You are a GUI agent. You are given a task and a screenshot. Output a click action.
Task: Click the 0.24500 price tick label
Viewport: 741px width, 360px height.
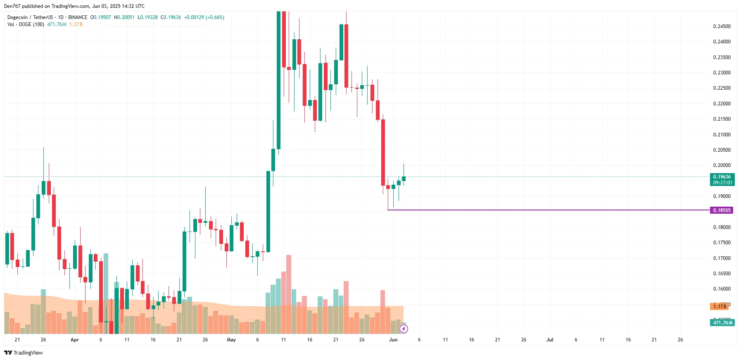(722, 26)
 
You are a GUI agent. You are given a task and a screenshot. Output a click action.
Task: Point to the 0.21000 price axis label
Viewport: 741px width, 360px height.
(722, 135)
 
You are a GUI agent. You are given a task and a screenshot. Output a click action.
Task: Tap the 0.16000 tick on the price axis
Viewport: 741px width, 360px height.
(722, 289)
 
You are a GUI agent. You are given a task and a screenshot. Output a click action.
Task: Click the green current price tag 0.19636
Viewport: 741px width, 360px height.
(722, 177)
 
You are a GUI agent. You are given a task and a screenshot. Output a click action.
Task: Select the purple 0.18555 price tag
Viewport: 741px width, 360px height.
(722, 210)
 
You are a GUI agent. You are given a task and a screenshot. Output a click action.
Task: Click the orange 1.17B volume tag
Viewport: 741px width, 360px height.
(719, 306)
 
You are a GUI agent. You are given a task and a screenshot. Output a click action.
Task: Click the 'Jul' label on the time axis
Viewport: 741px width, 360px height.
(550, 340)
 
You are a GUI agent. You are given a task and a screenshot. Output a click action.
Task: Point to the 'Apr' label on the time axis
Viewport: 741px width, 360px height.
(75, 340)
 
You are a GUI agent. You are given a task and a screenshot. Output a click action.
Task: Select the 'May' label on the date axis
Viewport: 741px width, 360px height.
(231, 340)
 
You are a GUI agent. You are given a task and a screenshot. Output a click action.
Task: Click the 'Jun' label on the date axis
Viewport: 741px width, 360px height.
(393, 340)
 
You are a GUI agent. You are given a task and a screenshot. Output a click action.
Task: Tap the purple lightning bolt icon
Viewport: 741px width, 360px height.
(404, 329)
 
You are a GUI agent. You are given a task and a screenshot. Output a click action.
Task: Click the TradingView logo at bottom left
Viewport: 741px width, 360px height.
(24, 353)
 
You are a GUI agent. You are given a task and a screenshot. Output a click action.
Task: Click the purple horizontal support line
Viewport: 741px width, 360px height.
(537, 210)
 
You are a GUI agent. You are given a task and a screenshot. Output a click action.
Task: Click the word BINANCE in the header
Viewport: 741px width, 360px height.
(78, 17)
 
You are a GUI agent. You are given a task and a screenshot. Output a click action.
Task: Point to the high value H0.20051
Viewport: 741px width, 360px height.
(124, 17)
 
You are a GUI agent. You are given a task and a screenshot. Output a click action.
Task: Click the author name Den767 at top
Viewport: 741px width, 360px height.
(12, 6)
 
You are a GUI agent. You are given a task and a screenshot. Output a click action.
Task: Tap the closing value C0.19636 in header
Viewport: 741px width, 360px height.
(171, 17)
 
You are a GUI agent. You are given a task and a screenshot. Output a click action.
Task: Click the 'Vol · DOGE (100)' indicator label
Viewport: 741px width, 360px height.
(26, 24)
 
